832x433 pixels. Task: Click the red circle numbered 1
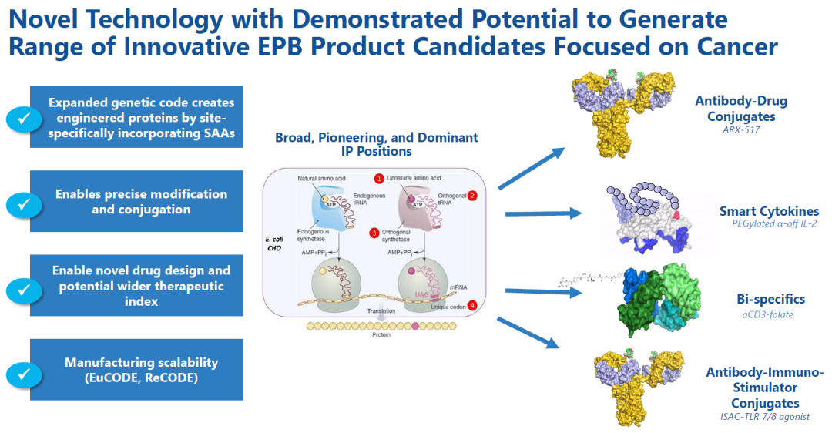click(378, 179)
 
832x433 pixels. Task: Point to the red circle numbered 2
click(472, 196)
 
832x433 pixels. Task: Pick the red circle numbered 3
click(374, 233)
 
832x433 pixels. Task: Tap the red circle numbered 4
click(471, 306)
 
